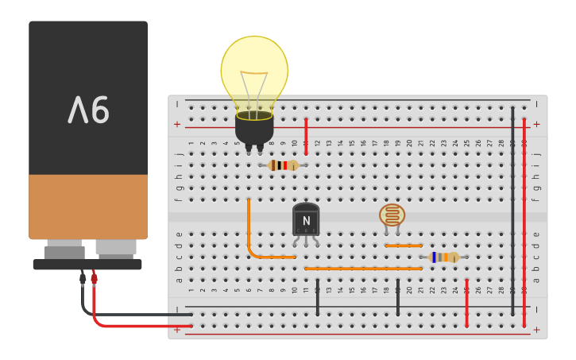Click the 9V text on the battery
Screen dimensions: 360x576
coord(88,110)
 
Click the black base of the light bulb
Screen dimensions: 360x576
coord(254,127)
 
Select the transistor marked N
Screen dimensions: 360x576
coord(306,219)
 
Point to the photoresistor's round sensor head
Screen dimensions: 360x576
coord(392,215)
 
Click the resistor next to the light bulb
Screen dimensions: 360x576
coord(283,165)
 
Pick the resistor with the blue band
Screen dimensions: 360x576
coord(443,257)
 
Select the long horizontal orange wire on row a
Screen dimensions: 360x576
coord(363,269)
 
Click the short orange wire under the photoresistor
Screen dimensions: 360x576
coord(404,246)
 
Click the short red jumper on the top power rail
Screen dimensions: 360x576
coord(306,136)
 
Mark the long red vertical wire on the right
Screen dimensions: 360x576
coord(524,223)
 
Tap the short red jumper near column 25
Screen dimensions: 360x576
coord(467,303)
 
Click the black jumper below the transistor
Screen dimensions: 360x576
coord(318,297)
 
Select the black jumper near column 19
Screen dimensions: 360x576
coord(398,297)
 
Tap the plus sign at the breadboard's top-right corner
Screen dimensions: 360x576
coord(536,124)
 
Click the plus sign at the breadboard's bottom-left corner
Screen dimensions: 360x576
coord(177,329)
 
